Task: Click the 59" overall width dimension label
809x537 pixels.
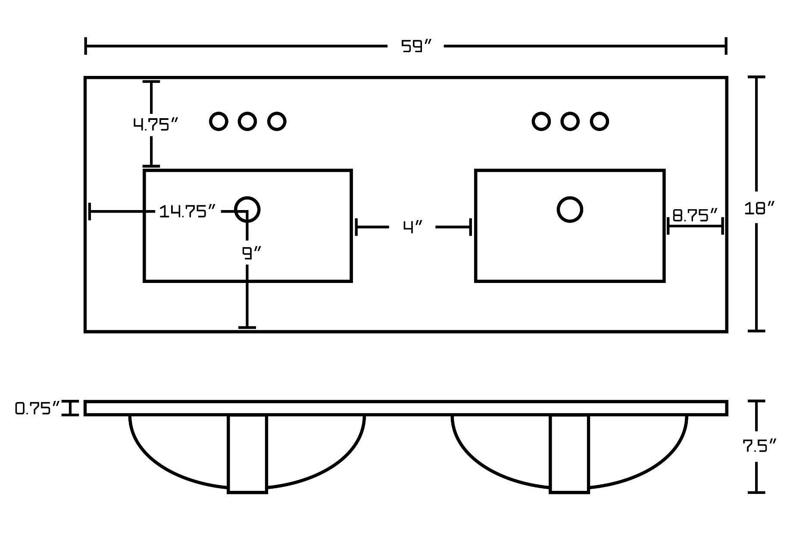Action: click(416, 46)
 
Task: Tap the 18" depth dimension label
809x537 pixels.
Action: click(759, 209)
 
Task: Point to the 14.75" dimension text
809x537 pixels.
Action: click(187, 211)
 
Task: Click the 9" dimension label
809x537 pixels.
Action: click(252, 253)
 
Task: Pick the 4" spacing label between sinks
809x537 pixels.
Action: click(412, 227)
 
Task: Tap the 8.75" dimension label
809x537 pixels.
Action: click(695, 215)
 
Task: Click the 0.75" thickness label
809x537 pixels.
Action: click(37, 408)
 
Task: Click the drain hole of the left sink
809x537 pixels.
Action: click(247, 209)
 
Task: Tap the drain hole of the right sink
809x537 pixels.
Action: click(570, 209)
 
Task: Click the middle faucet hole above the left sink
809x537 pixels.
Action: click(247, 122)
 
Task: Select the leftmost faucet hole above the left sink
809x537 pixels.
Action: click(219, 122)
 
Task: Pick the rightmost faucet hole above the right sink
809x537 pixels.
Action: click(599, 122)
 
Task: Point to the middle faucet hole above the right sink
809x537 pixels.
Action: click(570, 122)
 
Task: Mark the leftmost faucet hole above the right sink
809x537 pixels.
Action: click(541, 122)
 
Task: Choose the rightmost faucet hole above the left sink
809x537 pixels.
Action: click(277, 122)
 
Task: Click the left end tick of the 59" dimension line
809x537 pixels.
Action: click(86, 46)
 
